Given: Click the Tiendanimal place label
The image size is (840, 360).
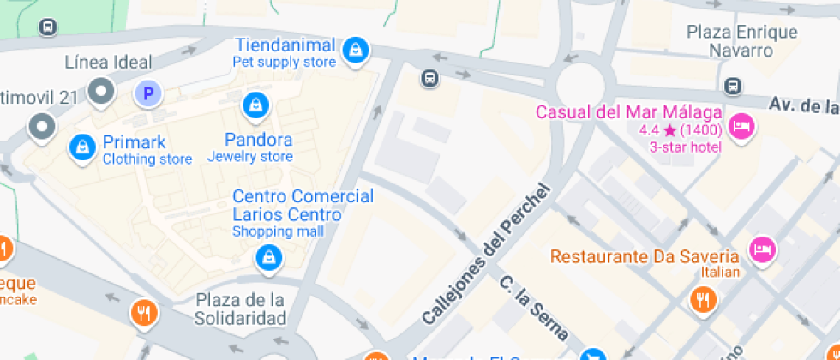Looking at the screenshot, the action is point(285,45).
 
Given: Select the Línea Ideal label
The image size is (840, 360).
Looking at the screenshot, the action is point(109,62).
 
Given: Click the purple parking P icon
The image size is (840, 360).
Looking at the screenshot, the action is point(147,93).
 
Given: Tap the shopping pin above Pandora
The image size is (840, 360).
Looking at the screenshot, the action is point(255,106).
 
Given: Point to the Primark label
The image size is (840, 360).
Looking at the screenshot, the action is point(134,142).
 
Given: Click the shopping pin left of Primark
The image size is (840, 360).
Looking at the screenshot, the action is point(81,147).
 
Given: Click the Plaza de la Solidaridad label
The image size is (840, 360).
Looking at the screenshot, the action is point(240,309).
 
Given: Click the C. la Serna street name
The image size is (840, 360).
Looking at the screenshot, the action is point(534,306).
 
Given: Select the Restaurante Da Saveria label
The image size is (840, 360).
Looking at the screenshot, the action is point(645,256).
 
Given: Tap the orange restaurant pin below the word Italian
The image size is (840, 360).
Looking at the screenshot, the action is point(703,298).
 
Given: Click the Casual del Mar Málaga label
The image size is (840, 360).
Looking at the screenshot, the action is point(628,112).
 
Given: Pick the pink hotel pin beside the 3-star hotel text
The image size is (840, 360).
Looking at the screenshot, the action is point(740,127).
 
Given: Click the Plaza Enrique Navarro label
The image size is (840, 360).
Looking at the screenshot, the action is point(741,40).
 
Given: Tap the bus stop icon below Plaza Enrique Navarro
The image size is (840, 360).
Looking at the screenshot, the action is point(733,86).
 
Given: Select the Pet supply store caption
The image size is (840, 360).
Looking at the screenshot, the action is point(285,63).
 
